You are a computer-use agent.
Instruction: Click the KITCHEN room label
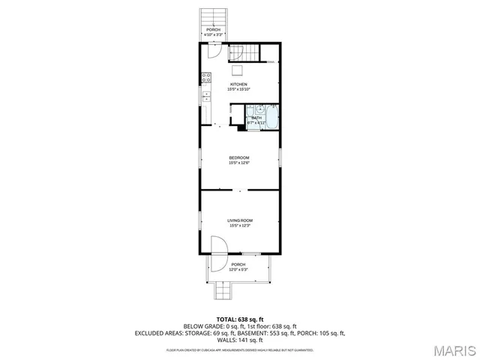[238, 84]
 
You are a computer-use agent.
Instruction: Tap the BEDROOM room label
[238, 157]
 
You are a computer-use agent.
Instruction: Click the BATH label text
[256, 118]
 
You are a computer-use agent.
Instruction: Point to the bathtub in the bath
[272, 118]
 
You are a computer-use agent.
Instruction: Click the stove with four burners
[205, 77]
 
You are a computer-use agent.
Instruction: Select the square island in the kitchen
[238, 70]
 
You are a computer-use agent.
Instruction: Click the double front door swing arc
[217, 255]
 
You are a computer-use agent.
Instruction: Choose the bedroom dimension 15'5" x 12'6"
[238, 163]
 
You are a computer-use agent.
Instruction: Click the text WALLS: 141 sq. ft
[239, 338]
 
